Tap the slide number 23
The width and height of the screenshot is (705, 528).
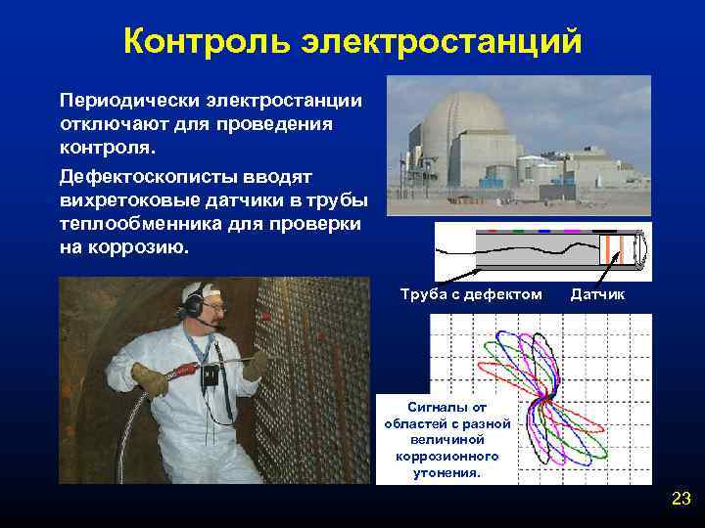(681, 500)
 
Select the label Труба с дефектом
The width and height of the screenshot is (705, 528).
(471, 294)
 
